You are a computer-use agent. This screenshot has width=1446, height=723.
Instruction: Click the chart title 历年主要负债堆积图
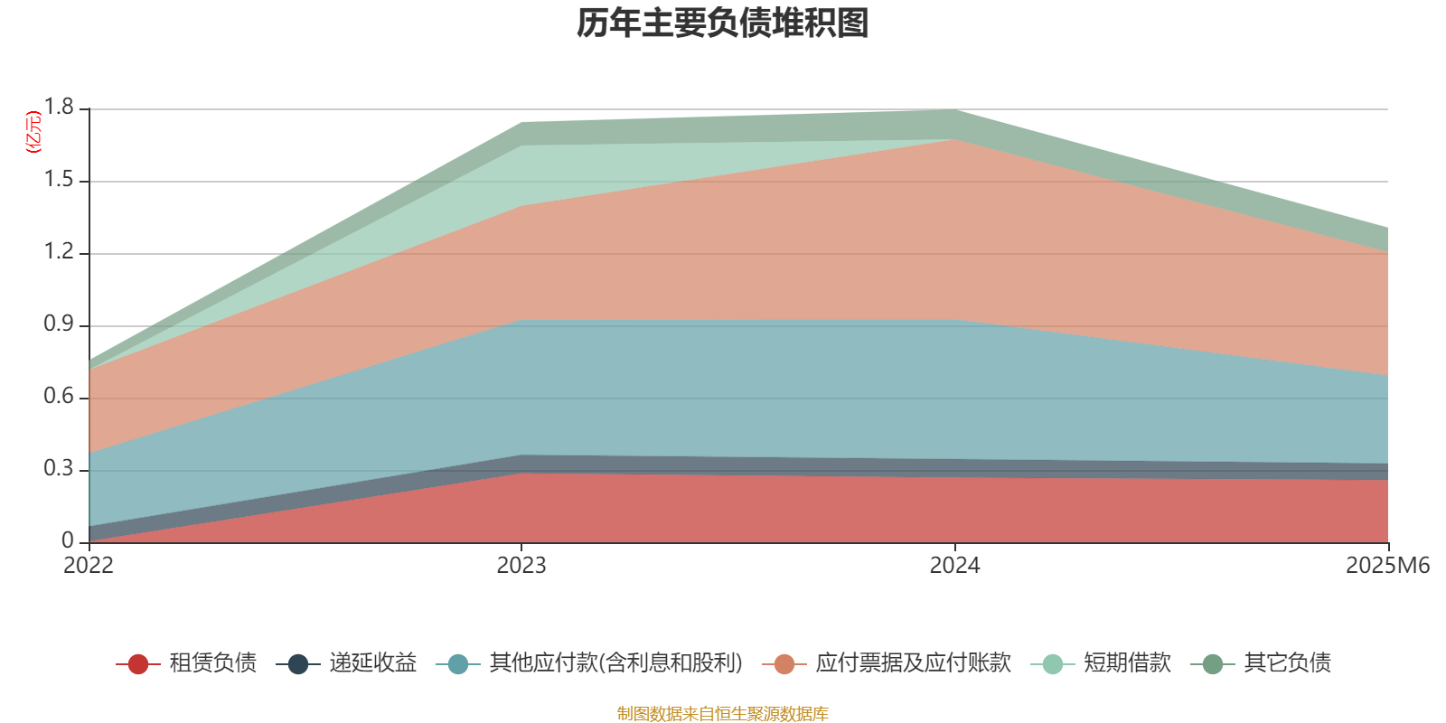pyautogui.click(x=723, y=23)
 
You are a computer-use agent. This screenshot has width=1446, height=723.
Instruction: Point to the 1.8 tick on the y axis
pyautogui.click(x=60, y=108)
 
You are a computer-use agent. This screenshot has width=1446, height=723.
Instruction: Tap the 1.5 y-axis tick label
pyautogui.click(x=60, y=180)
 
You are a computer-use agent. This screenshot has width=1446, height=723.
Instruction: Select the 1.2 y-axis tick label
pyautogui.click(x=60, y=252)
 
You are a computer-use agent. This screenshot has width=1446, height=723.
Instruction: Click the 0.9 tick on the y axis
pyautogui.click(x=60, y=324)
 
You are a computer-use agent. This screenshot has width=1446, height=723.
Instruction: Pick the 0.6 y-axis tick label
pyautogui.click(x=60, y=397)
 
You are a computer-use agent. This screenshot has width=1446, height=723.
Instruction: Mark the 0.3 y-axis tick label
pyautogui.click(x=60, y=469)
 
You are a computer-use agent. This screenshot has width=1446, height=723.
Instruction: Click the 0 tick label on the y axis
pyautogui.click(x=68, y=541)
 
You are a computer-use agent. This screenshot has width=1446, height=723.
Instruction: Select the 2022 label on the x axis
pyautogui.click(x=89, y=566)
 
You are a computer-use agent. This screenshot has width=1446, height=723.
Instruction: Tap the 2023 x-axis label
pyautogui.click(x=521, y=566)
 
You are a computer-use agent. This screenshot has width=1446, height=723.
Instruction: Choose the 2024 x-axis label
pyautogui.click(x=955, y=566)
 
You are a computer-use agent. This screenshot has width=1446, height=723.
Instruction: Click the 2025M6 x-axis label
pyautogui.click(x=1387, y=566)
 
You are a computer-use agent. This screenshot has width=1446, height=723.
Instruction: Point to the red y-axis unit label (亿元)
pyautogui.click(x=33, y=132)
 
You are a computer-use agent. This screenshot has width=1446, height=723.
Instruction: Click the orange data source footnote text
pyautogui.click(x=723, y=714)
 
